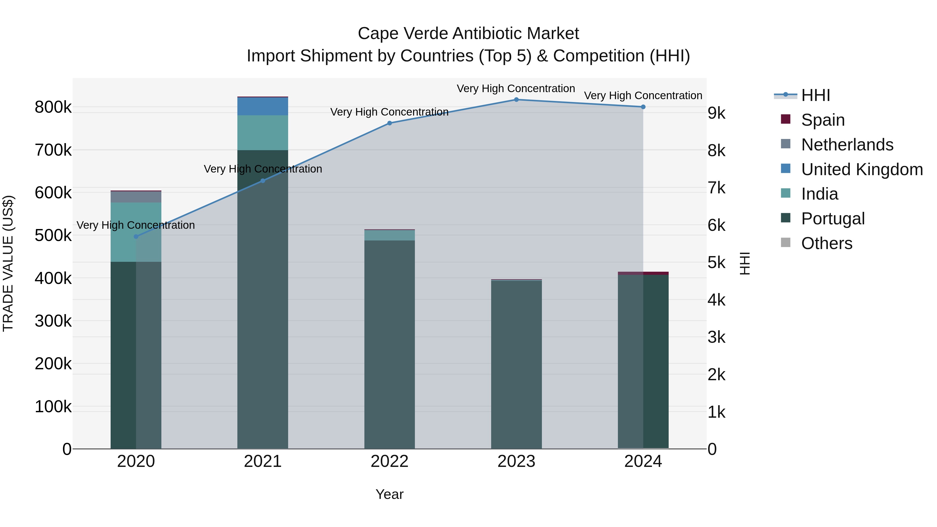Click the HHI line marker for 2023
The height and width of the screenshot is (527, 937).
pyautogui.click(x=516, y=100)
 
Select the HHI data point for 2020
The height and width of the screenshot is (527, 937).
pyautogui.click(x=136, y=236)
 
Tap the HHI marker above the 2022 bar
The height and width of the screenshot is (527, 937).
pyautogui.click(x=390, y=123)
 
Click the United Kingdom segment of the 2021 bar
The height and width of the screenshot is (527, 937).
pyautogui.click(x=263, y=106)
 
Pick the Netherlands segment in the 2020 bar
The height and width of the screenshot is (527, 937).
pyautogui.click(x=136, y=197)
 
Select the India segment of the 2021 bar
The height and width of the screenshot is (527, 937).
pyautogui.click(x=263, y=132)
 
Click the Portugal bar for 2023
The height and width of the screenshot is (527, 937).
pyautogui.click(x=516, y=364)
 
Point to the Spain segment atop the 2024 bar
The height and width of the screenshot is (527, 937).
pyautogui.click(x=643, y=273)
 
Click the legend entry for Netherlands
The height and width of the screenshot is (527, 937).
pyautogui.click(x=847, y=145)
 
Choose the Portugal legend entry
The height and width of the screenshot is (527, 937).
pyautogui.click(x=833, y=219)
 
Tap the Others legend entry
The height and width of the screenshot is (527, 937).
pyautogui.click(x=826, y=243)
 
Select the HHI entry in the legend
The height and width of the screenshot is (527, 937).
pyautogui.click(x=815, y=95)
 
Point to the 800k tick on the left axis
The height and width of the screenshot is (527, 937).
pyautogui.click(x=53, y=107)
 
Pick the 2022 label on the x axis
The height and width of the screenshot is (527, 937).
pyautogui.click(x=390, y=461)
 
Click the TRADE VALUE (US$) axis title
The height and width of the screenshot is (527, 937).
pyautogui.click(x=8, y=263)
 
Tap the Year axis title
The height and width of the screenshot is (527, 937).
pyautogui.click(x=390, y=494)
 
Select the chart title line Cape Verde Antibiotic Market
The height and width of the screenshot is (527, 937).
pyautogui.click(x=468, y=34)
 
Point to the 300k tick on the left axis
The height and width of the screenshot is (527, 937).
pyautogui.click(x=53, y=321)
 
